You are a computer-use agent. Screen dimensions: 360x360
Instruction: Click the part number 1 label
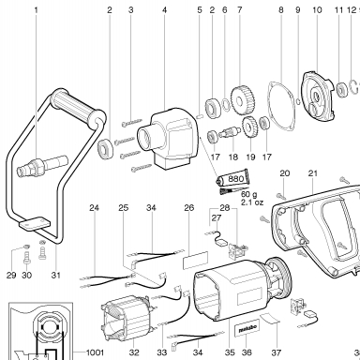(36, 10)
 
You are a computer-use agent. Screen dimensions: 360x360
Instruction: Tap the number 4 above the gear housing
(164, 10)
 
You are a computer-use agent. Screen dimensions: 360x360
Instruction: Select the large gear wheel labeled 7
(243, 100)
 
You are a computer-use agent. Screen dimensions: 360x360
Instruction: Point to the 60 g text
(249, 195)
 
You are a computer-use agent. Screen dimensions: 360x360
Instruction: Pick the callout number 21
(313, 173)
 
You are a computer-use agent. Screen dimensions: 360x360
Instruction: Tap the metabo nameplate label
(247, 330)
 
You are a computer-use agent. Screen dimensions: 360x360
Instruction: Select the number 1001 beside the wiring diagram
(95, 352)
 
